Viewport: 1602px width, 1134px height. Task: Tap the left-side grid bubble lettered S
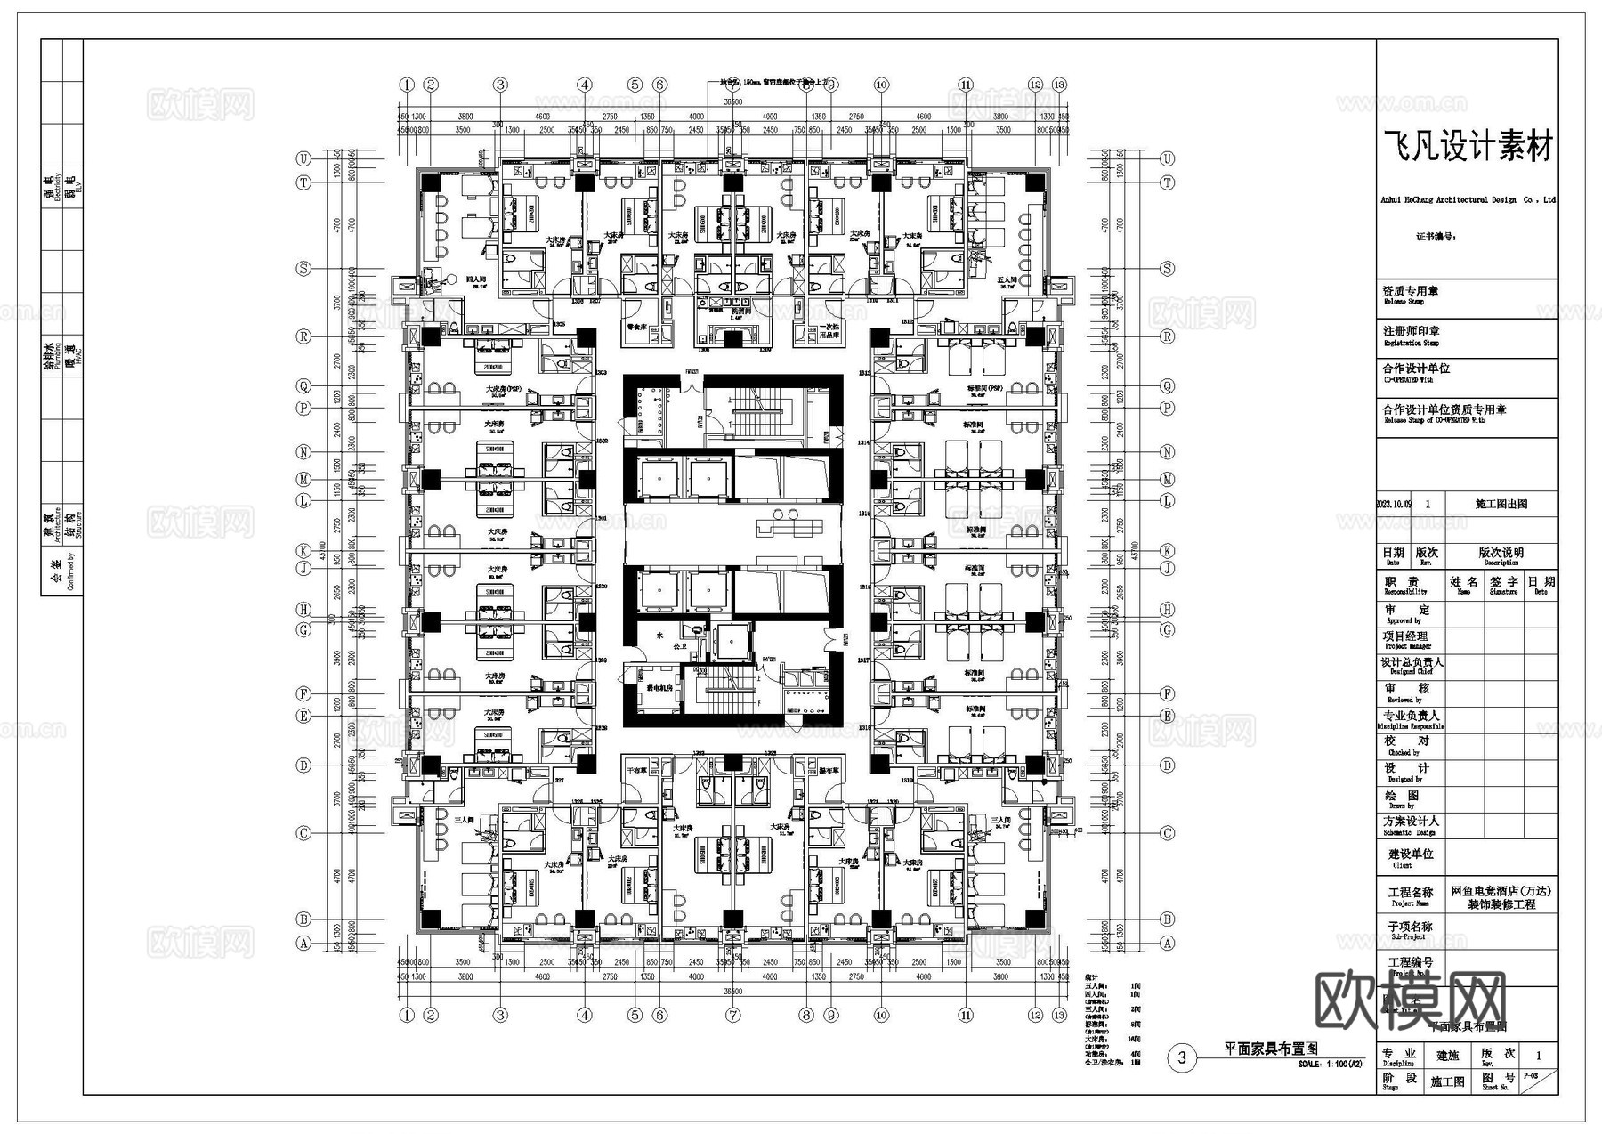coord(304,269)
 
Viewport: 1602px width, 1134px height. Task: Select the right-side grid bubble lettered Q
coord(1168,386)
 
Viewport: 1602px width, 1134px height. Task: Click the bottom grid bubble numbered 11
coord(966,1015)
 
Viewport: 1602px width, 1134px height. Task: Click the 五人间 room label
coord(1008,279)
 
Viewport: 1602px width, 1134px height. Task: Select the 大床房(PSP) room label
coord(504,389)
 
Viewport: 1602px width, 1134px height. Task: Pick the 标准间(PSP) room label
coord(985,389)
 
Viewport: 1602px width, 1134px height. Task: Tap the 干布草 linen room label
coord(635,771)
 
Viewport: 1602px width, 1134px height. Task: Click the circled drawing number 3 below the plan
coord(1182,1057)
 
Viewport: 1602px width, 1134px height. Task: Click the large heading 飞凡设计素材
coord(1468,147)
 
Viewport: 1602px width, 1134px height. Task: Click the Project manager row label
coord(1406,640)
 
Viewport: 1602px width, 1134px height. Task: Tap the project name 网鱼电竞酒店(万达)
coord(1501,891)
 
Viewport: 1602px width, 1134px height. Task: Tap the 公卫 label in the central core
coord(680,645)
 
